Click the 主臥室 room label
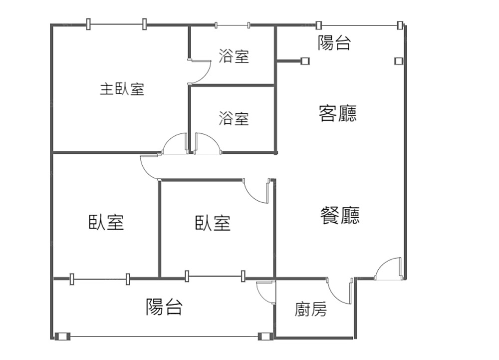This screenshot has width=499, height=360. (x=122, y=90)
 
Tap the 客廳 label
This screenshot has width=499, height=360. (x=338, y=114)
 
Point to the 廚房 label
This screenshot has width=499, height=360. (x=311, y=310)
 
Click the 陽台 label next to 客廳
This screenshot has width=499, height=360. (x=334, y=43)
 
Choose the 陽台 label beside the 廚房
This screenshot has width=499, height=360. (x=164, y=307)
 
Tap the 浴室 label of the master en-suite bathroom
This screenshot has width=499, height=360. (x=234, y=56)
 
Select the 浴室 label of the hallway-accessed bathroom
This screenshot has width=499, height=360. (x=234, y=119)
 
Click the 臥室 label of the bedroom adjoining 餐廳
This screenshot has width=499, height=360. (x=213, y=223)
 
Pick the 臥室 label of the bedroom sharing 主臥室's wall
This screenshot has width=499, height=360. (x=106, y=222)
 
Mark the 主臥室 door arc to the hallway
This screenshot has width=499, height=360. (x=175, y=143)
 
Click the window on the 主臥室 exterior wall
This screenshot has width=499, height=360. (x=116, y=23)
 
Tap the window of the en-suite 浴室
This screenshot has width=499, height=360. (x=232, y=24)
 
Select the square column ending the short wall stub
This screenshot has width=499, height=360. (x=305, y=61)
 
